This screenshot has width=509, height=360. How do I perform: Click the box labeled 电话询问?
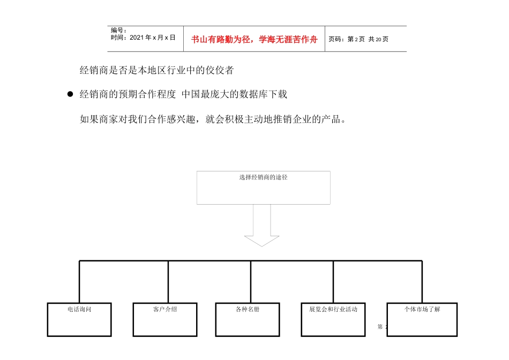point(79,320)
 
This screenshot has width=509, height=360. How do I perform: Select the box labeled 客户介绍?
point(165,320)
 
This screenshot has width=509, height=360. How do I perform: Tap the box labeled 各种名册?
point(248,320)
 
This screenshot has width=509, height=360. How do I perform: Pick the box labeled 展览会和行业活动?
point(334,320)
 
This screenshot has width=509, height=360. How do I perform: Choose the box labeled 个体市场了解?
point(422,320)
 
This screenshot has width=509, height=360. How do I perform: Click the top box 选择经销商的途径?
point(263,187)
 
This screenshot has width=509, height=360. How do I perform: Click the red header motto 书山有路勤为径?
point(254,39)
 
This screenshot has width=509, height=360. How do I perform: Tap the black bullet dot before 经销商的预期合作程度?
point(70,95)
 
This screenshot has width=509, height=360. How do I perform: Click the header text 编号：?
point(119,31)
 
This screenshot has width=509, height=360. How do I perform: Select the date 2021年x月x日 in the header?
point(143,37)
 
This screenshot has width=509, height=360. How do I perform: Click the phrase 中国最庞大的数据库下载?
point(234,94)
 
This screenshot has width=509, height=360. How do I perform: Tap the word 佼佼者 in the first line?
point(220,70)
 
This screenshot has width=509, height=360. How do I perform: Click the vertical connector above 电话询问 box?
point(79,282)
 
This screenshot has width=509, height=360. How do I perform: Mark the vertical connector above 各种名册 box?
point(251,282)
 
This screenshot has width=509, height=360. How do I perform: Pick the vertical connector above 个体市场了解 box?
point(422,282)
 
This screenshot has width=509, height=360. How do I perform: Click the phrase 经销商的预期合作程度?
point(128,94)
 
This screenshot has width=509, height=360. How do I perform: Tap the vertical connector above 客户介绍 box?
point(168,282)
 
